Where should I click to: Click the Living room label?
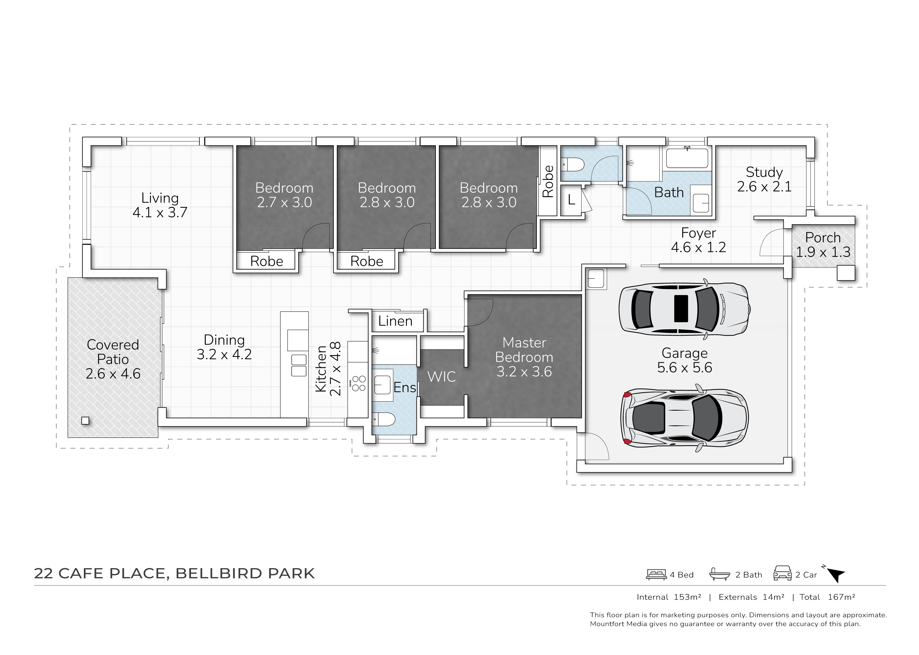pos(160,205)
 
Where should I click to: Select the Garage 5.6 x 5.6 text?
pos(685,360)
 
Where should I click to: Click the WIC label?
pos(442,377)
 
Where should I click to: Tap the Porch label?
pos(823,238)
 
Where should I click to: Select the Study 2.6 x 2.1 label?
pos(764,179)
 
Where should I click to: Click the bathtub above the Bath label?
pos(687,158)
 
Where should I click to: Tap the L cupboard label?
pos(571,200)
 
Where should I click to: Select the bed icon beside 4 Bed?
pos(656,574)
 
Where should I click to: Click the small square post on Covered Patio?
pos(85,421)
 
